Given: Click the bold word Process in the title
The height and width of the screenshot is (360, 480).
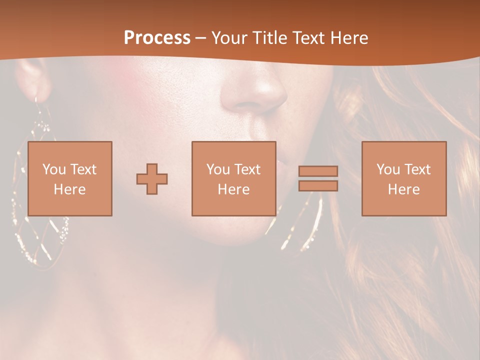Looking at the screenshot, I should (157, 37).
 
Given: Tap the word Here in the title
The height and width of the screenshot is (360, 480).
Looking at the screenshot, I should (348, 37).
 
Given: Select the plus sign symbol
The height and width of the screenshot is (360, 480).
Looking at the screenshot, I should (152, 178).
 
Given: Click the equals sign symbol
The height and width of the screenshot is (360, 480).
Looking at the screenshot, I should (318, 178).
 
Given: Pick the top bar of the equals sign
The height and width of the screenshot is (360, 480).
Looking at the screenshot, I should (318, 171).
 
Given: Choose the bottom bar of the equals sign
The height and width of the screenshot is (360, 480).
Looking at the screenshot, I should (318, 186).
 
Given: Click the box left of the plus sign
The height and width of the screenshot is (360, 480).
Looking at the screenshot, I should (69, 178).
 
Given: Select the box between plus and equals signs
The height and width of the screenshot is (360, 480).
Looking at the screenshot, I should (233, 178).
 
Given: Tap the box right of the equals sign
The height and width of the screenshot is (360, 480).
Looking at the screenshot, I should (403, 178).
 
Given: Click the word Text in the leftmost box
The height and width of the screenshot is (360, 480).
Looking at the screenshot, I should (82, 169).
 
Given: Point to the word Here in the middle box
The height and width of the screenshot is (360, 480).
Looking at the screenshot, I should (233, 189).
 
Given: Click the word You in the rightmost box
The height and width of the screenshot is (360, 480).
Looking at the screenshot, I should (388, 169).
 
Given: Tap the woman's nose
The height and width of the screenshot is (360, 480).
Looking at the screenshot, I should (255, 92).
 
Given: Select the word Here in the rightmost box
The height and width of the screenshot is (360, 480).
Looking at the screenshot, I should (403, 189).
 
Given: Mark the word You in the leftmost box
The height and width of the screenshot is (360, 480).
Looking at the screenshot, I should (54, 169).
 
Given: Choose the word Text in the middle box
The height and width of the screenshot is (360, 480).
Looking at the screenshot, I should (247, 169).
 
